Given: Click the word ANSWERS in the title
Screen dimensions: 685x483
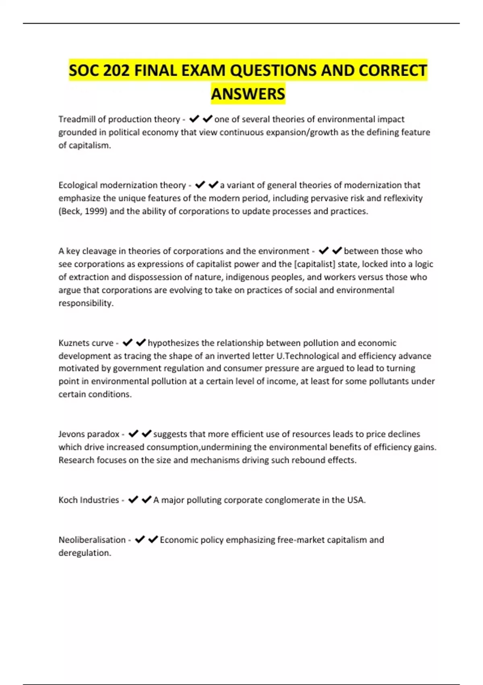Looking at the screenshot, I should coord(248,94).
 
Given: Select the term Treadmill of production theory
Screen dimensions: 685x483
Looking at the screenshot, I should coord(119,119).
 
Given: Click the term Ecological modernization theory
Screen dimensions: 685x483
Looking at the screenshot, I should coord(122,185).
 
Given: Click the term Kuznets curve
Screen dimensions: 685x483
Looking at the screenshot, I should coord(86,343).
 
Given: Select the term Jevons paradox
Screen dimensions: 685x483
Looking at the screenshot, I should coord(89,434).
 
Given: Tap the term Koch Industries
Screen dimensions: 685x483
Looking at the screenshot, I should coord(89,500).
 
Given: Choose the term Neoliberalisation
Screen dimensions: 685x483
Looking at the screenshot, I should coord(92,540).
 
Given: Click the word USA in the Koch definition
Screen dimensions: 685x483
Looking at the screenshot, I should coord(355,500).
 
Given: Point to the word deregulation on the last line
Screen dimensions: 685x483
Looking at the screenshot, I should coord(84,553).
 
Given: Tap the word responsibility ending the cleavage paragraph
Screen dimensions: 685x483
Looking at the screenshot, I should coord(85,303).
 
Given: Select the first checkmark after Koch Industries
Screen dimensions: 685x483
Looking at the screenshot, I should coord(133,500).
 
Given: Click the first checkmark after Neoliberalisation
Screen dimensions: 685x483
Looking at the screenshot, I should coord(140,540).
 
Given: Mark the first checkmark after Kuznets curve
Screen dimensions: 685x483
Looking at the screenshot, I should coord(128,342).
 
